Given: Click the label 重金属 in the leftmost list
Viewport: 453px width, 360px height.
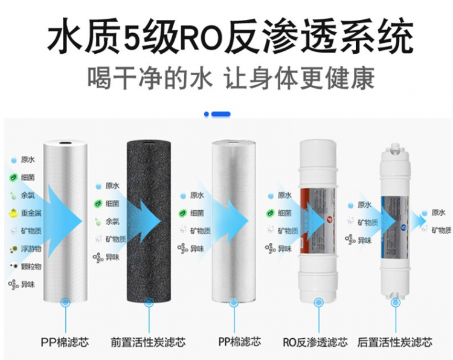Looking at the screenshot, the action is (x=31, y=213).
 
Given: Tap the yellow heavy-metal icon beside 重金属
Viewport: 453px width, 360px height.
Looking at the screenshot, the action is (x=13, y=213).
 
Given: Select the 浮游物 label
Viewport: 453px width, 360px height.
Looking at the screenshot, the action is (x=31, y=249).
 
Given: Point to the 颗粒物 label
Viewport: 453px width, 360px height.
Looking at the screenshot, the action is (x=31, y=266).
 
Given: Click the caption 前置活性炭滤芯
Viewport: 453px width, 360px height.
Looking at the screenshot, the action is (x=148, y=342).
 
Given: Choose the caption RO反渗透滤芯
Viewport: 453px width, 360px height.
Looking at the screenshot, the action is (x=315, y=342).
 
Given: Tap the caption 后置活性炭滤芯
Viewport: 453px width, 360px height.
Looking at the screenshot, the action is (x=395, y=342).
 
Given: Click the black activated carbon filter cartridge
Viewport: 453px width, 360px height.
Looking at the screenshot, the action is (x=149, y=221).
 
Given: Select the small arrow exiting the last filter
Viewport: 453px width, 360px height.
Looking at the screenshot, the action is (x=419, y=221).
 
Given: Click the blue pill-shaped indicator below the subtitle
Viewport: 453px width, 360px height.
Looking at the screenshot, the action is (x=220, y=114).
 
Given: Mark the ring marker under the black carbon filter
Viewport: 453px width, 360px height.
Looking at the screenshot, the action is (x=149, y=303).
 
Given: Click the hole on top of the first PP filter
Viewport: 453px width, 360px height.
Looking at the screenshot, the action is (x=65, y=143).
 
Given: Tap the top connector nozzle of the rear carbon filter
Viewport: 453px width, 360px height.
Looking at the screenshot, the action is (x=395, y=147).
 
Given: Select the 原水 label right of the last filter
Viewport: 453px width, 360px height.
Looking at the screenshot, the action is (x=439, y=213).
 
